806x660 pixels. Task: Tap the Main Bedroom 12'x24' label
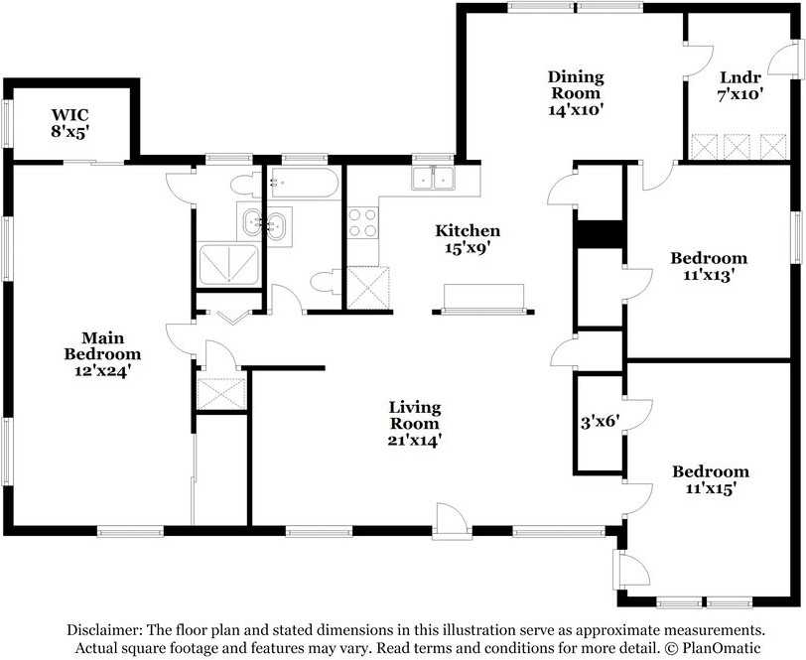pos(102,353)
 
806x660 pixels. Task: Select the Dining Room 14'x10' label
pos(576,93)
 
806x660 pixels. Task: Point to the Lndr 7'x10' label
pos(741,85)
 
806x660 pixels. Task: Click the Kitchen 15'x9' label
pos(468,239)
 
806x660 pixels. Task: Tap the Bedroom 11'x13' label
pos(709,267)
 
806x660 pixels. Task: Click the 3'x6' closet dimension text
pos(599,421)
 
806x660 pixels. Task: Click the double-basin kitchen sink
pos(435,180)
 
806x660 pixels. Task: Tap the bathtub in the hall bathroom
pos(304,184)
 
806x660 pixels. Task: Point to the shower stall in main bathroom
pos(229,265)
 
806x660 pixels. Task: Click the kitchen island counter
pos(483,297)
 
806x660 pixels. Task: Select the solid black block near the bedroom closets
pos(598,234)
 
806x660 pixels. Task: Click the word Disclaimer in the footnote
pos(104,630)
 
